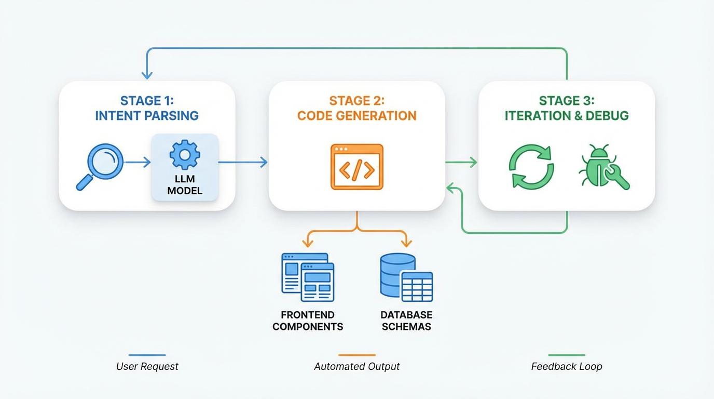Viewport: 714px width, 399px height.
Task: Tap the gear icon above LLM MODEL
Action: [x=185, y=154]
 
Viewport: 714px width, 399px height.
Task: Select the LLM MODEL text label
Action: [x=185, y=185]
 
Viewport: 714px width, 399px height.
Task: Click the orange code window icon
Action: [x=357, y=167]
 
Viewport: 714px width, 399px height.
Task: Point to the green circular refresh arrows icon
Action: [x=531, y=167]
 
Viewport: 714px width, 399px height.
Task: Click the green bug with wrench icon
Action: [x=603, y=167]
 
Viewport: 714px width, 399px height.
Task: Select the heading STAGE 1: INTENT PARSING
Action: [x=147, y=108]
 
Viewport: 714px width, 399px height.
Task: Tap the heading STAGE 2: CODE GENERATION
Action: [x=357, y=108]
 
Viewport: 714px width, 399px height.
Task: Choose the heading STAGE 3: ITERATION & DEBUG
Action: [x=567, y=108]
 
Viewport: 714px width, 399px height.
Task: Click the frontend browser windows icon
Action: [x=308, y=277]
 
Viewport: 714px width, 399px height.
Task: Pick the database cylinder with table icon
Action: [x=406, y=277]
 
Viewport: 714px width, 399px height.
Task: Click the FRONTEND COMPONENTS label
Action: [x=308, y=321]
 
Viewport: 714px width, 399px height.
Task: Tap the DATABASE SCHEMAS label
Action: [x=406, y=321]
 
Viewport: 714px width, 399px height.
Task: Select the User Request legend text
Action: [x=147, y=366]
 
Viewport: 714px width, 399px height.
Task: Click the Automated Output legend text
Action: [x=357, y=366]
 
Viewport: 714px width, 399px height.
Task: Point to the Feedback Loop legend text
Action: [x=567, y=366]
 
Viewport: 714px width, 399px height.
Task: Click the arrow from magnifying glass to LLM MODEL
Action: [x=138, y=163]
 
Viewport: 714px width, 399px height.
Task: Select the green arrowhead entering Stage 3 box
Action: [x=473, y=163]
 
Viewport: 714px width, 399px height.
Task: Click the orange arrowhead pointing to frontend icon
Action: [x=308, y=243]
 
